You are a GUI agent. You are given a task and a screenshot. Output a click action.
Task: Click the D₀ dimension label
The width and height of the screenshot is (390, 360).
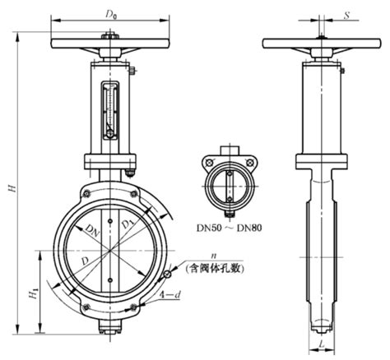coord(111,15)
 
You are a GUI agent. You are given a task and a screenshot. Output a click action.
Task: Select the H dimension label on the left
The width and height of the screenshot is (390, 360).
coord(12,188)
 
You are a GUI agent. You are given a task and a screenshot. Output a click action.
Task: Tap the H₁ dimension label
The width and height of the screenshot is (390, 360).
coord(33,293)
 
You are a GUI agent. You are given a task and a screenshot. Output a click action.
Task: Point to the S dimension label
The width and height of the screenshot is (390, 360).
coord(347,16)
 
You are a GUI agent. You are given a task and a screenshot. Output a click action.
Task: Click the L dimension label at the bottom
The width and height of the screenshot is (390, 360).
coord(322,344)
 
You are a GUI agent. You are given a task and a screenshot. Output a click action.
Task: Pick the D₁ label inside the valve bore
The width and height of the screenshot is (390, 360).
coord(126,224)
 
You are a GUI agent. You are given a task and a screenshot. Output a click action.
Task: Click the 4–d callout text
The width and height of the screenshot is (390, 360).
coord(170,295)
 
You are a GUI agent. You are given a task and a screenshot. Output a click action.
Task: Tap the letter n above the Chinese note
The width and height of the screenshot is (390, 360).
coord(213,256)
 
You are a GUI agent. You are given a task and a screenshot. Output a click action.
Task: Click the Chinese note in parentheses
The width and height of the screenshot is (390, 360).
coord(215,269)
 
